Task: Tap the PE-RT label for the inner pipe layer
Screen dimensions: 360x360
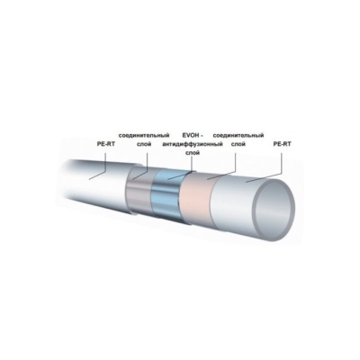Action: click(282, 144)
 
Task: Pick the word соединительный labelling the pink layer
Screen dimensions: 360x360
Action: click(238, 135)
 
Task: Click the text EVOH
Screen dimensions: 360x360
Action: click(190, 135)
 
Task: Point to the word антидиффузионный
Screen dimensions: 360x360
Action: click(193, 144)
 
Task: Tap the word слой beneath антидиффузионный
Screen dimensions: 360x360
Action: click(193, 153)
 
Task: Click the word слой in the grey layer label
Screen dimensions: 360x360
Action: click(144, 144)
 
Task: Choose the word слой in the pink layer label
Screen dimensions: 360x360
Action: click(238, 144)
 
